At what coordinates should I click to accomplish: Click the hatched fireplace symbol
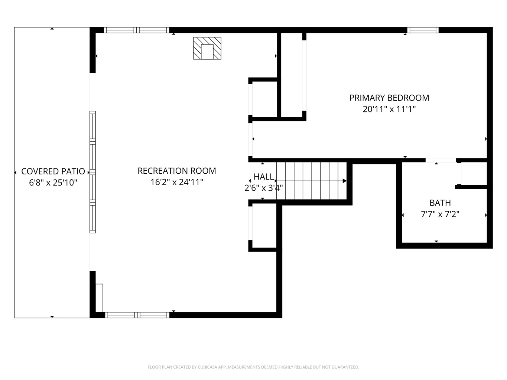click(x=207, y=48)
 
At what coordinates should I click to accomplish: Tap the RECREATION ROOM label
click(x=177, y=171)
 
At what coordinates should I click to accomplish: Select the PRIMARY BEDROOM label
click(x=389, y=98)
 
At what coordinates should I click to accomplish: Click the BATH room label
click(x=440, y=203)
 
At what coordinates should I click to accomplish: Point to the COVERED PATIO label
click(x=53, y=171)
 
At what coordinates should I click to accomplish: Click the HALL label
click(x=264, y=177)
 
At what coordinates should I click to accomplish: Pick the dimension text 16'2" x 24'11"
click(x=177, y=182)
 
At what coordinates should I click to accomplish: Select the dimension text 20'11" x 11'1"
click(x=389, y=109)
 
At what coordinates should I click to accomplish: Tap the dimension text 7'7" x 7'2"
click(x=440, y=214)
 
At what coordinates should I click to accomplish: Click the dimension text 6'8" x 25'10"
click(x=53, y=183)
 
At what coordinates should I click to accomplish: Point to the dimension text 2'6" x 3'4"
click(x=264, y=188)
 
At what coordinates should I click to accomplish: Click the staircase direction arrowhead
click(x=344, y=181)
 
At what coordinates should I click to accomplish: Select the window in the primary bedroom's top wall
click(x=423, y=30)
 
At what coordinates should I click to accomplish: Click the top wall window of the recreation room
click(x=137, y=30)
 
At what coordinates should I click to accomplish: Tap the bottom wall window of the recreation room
click(x=137, y=315)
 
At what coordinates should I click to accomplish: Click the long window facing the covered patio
click(x=92, y=172)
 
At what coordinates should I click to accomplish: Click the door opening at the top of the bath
click(x=441, y=160)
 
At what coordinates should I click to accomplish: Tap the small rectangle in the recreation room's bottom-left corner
click(x=99, y=298)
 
